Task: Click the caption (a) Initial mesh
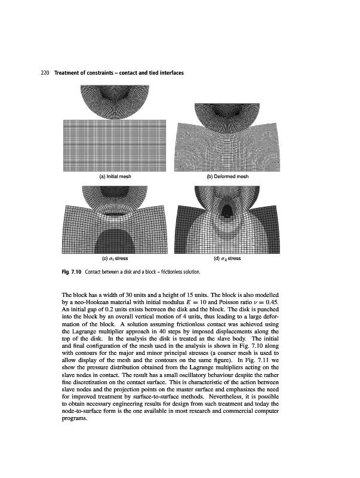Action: pyautogui.click(x=115, y=177)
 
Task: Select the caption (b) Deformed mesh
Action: pyautogui.click(x=227, y=177)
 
